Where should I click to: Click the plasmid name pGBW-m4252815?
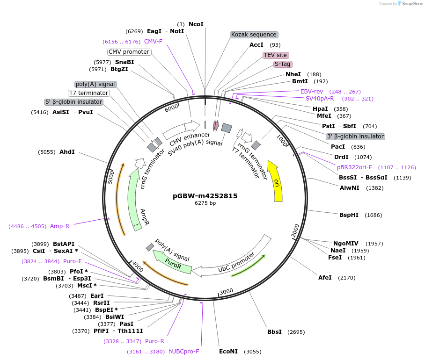pyautogui.click(x=205, y=196)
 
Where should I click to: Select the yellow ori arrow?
pyautogui.click(x=276, y=182)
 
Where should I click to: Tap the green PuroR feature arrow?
pyautogui.click(x=173, y=263)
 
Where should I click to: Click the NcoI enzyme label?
pyautogui.click(x=196, y=24)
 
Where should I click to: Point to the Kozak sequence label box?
pyautogui.click(x=254, y=35)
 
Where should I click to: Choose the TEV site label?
pyautogui.click(x=275, y=55)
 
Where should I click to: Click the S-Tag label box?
pyautogui.click(x=283, y=64)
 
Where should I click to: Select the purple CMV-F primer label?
pyautogui.click(x=153, y=41)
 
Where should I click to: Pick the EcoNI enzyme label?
pyautogui.click(x=228, y=352)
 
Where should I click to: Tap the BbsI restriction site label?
pyautogui.click(x=274, y=332)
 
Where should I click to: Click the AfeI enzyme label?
pyautogui.click(x=325, y=278)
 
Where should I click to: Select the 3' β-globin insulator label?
pyautogui.click(x=355, y=137)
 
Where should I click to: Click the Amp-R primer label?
pyautogui.click(x=59, y=226)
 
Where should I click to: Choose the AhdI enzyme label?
pyautogui.click(x=67, y=152)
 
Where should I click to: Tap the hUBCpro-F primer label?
pyautogui.click(x=184, y=352)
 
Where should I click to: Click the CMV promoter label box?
pyautogui.click(x=129, y=52)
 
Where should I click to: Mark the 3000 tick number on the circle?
pyautogui.click(x=226, y=291)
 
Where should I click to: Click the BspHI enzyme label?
pyautogui.click(x=349, y=215)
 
